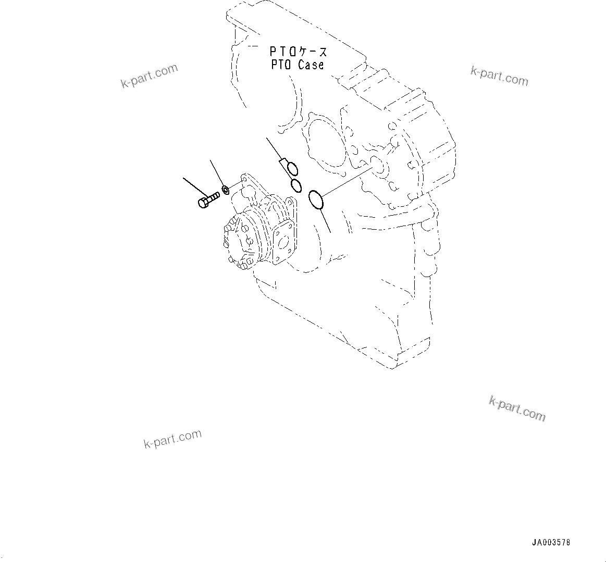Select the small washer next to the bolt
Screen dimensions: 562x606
click(x=225, y=189)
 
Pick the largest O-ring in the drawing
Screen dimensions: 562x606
click(x=316, y=200)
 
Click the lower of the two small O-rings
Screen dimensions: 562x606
click(x=296, y=184)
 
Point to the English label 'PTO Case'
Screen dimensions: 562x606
click(x=297, y=65)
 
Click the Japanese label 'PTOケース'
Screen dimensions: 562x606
click(x=298, y=52)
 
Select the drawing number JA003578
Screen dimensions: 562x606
click(x=551, y=542)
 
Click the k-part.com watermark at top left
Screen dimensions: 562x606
click(x=149, y=76)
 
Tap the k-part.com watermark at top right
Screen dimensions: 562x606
click(x=499, y=76)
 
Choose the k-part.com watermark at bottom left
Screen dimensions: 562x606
click(x=172, y=439)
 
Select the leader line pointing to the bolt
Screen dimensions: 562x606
click(x=194, y=186)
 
